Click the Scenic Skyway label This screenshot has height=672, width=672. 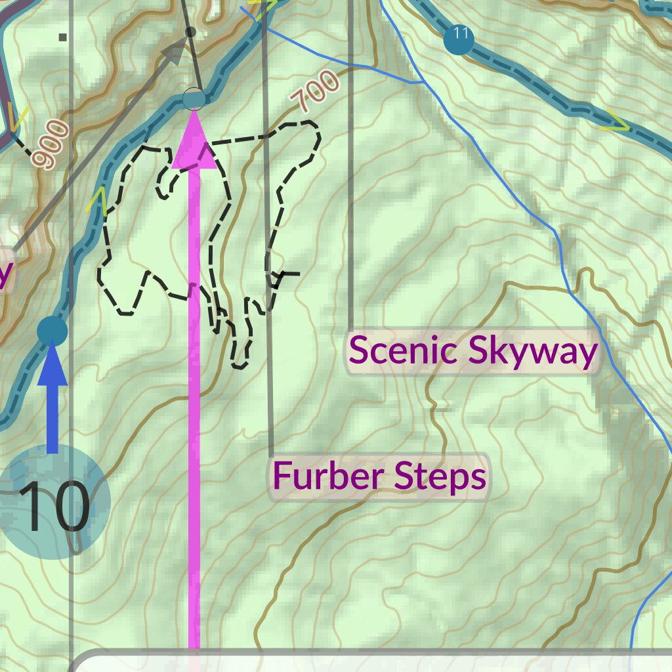pos(472,351)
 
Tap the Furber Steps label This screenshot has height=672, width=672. pos(379,476)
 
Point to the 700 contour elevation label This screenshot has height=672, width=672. pos(316,91)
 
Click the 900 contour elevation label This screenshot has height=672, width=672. pos(51,145)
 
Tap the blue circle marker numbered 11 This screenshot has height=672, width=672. pos(458,39)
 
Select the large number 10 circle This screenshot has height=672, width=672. pos(55,504)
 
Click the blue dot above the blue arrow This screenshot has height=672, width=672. pos(52,330)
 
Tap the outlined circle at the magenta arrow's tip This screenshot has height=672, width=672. pos(194,98)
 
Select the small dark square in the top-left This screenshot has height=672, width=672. pos(63,37)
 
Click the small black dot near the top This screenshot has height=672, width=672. pos(191,31)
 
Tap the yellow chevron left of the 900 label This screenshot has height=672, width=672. pos(18,118)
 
